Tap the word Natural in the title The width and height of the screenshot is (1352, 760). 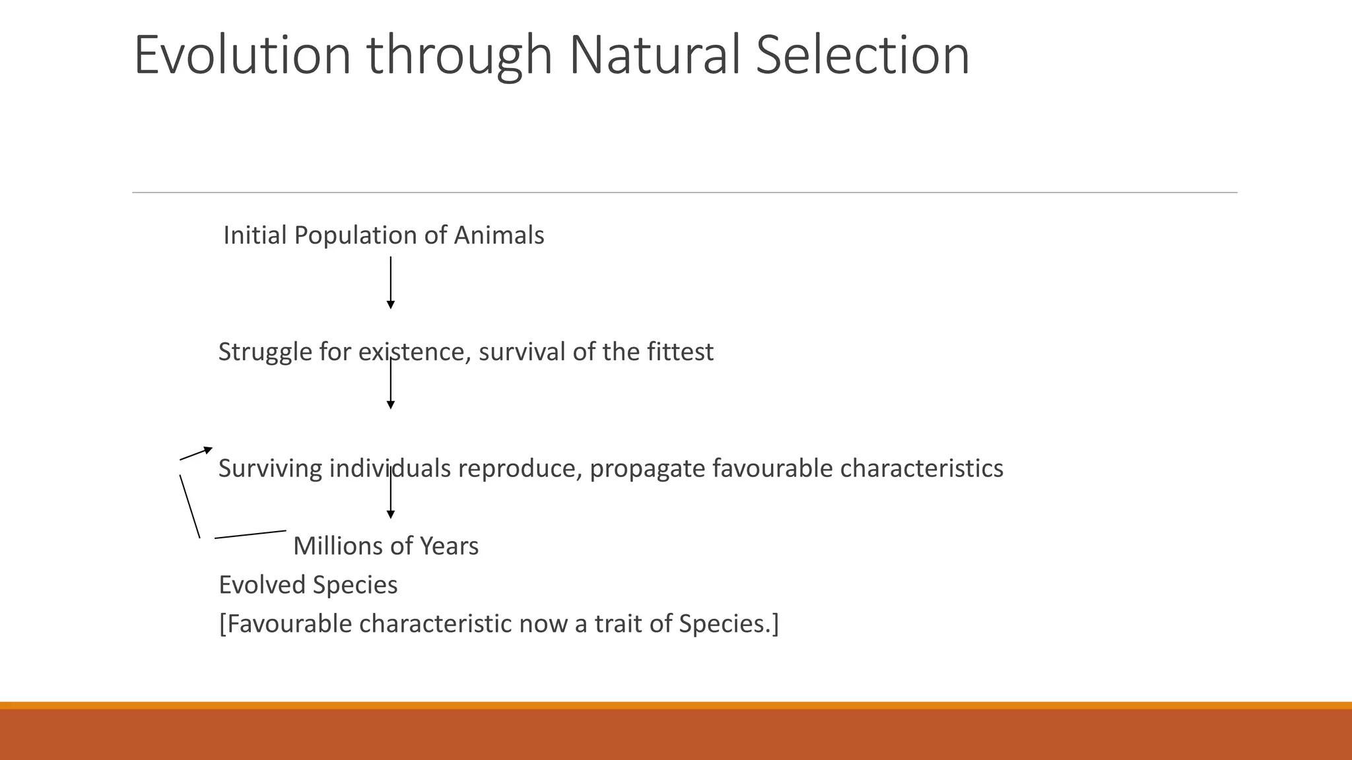click(x=654, y=55)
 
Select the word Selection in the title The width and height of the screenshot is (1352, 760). click(x=862, y=55)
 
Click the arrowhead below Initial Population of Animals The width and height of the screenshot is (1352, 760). click(x=391, y=305)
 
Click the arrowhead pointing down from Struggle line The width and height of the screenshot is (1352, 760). click(x=391, y=405)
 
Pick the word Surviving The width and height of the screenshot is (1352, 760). click(x=270, y=468)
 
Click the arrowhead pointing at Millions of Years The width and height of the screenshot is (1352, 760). click(x=391, y=515)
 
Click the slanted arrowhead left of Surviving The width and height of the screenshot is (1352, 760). click(x=208, y=450)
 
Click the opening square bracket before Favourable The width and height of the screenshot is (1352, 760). click(x=222, y=624)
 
